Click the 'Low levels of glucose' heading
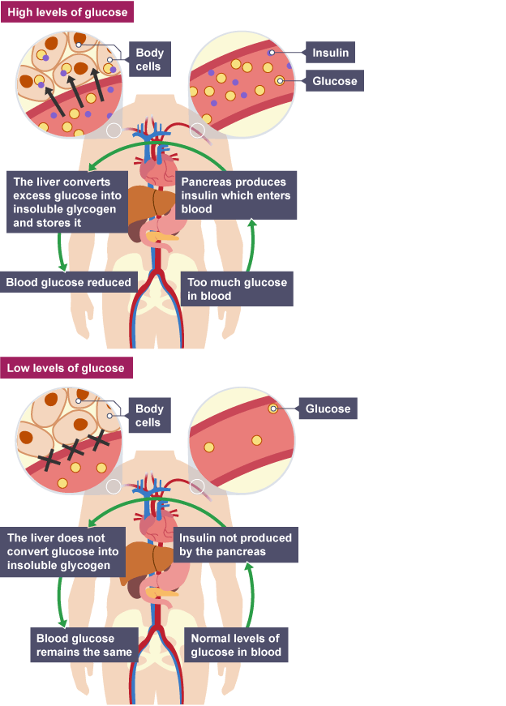click(66, 368)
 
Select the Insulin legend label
click(330, 53)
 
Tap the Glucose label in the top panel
click(334, 81)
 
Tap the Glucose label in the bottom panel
click(328, 409)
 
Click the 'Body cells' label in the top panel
click(149, 59)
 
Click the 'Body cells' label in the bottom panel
click(148, 416)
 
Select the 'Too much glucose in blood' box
click(237, 289)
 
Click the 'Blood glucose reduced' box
click(68, 283)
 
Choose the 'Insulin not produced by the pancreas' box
click(235, 544)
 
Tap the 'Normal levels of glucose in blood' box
click(236, 644)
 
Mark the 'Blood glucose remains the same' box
click(84, 644)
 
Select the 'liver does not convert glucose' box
click(65, 551)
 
